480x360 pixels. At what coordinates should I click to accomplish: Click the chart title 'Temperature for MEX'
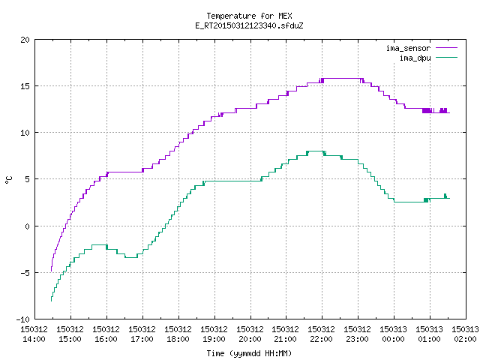click(249, 16)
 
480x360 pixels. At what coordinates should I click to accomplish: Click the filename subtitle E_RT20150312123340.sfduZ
click(249, 25)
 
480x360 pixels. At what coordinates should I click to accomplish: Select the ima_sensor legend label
click(408, 48)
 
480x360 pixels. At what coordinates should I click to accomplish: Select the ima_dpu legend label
click(415, 58)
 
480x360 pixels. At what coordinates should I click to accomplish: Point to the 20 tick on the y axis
click(25, 40)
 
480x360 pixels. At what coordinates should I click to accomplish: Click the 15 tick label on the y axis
click(25, 86)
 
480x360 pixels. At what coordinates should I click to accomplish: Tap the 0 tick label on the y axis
click(27, 226)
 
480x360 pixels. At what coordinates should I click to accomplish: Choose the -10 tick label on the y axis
click(23, 319)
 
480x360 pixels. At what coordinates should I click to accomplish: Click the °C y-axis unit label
click(8, 180)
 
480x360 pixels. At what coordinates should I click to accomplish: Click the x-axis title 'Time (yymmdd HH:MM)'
click(249, 353)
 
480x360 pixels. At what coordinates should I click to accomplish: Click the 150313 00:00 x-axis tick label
click(393, 334)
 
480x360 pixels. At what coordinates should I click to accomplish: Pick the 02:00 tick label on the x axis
click(465, 339)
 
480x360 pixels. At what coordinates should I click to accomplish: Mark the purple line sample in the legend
click(446, 48)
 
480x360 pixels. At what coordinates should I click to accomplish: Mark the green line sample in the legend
click(446, 57)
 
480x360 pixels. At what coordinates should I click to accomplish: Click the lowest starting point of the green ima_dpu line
click(51, 301)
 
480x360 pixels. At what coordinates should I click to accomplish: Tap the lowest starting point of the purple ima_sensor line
click(51, 271)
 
